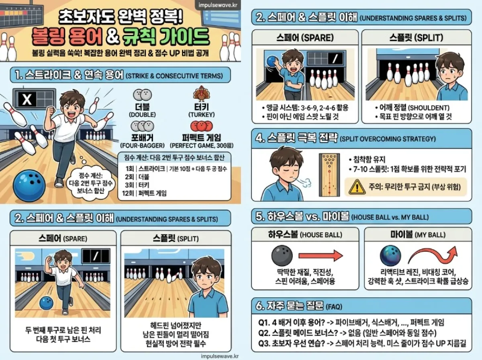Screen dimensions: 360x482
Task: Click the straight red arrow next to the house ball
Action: (x=320, y=255)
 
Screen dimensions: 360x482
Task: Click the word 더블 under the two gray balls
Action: (x=143, y=107)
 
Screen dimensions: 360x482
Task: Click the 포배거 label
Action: (x=143, y=137)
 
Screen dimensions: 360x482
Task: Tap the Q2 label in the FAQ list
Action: (x=264, y=333)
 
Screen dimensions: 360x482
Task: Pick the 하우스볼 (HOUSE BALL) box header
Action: (x=305, y=234)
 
